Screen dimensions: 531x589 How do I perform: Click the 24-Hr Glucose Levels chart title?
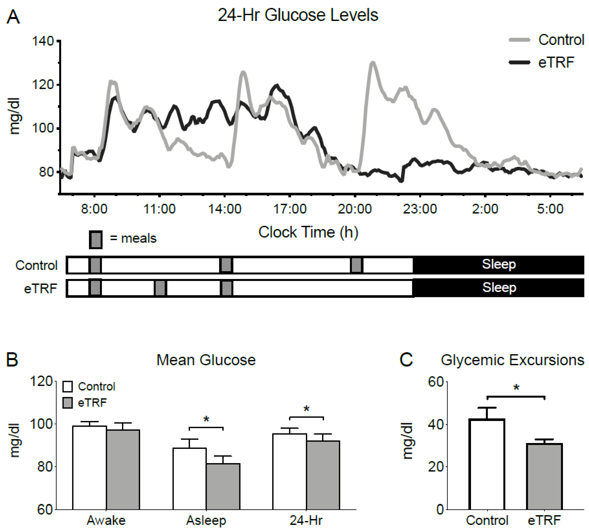[x=298, y=15]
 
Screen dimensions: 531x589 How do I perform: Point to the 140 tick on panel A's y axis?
[x=43, y=41]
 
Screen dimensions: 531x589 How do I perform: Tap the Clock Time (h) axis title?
[x=308, y=232]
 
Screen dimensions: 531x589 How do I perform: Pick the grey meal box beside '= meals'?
[x=96, y=240]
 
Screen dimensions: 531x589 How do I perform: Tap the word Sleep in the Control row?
[x=499, y=264]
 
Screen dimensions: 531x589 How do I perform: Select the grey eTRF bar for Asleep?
[x=223, y=487]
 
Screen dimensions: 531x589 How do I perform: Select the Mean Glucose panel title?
[x=206, y=360]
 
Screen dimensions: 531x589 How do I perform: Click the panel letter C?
[x=406, y=360]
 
